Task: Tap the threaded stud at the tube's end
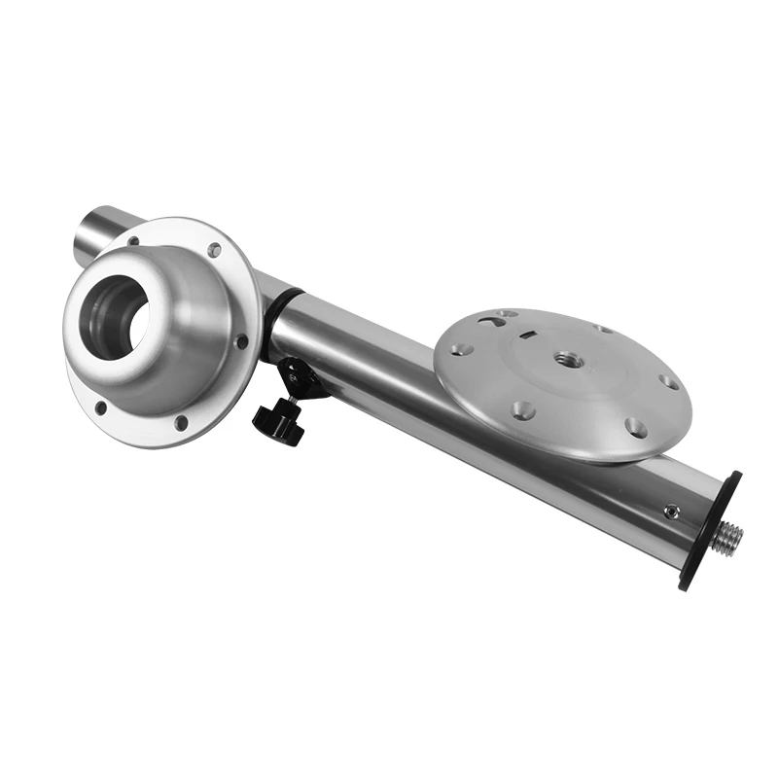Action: [727, 539]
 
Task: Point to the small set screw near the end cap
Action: [669, 510]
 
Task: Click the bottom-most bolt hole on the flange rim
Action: [181, 422]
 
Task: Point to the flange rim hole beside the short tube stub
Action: [132, 241]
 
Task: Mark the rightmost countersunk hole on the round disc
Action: [669, 382]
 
